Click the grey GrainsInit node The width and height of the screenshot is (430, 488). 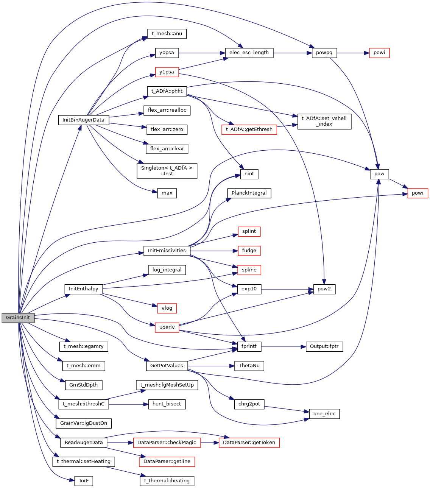pyautogui.click(x=18, y=318)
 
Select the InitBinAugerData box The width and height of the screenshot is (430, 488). pyautogui.click(x=84, y=120)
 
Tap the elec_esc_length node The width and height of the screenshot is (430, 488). pyautogui.click(x=249, y=53)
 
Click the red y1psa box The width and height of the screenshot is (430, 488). pyautogui.click(x=167, y=72)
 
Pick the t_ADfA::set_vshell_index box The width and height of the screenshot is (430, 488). pyautogui.click(x=324, y=121)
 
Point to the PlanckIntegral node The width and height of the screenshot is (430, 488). pyautogui.click(x=249, y=193)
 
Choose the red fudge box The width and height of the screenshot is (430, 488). pyautogui.click(x=249, y=251)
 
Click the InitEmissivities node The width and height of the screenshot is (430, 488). pyautogui.click(x=167, y=251)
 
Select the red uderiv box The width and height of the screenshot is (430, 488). pyautogui.click(x=167, y=327)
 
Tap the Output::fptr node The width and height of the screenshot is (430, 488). pyautogui.click(x=324, y=346)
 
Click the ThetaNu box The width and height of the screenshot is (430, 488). pyautogui.click(x=249, y=366)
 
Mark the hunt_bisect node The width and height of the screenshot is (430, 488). pyautogui.click(x=167, y=404)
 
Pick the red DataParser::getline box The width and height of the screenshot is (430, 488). pyautogui.click(x=167, y=462)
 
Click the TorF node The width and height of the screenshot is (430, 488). pyautogui.click(x=84, y=481)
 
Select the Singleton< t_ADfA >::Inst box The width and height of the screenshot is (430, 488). pyautogui.click(x=167, y=171)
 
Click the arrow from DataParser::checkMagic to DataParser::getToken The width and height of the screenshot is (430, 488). pyautogui.click(x=210, y=443)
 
